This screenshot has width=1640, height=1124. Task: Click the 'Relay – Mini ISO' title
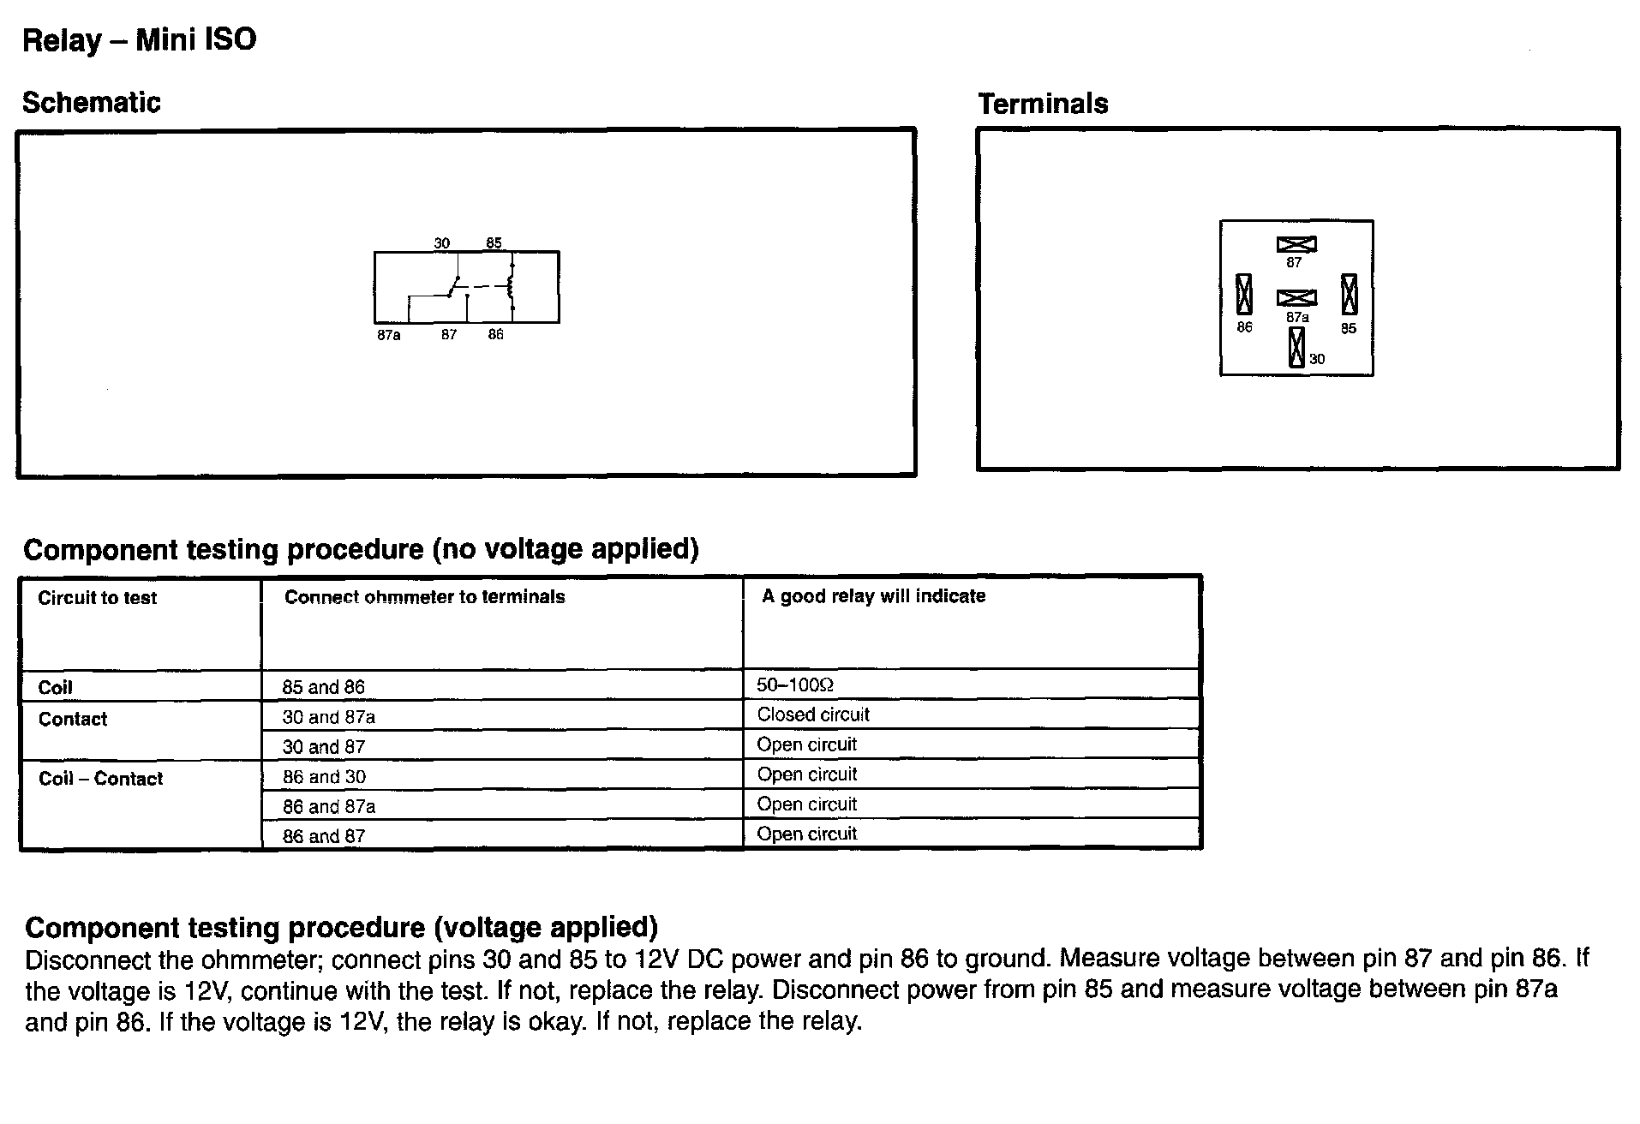[139, 40]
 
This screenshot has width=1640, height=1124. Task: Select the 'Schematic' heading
[92, 103]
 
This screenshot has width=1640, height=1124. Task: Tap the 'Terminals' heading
[1043, 105]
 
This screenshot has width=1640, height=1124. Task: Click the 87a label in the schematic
[388, 335]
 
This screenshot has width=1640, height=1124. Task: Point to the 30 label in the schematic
[441, 243]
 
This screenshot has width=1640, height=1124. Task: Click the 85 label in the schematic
[494, 243]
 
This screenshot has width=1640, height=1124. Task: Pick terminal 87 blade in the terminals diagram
[1296, 244]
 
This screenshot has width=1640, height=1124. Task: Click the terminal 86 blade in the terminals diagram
[1244, 295]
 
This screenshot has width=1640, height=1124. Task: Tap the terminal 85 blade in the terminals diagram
[1349, 295]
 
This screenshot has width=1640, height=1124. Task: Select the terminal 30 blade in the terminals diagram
[1296, 347]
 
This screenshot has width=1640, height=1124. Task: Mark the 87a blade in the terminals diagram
[1296, 297]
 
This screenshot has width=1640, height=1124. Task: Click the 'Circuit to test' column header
[98, 598]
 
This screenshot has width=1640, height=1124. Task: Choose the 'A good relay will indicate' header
[873, 596]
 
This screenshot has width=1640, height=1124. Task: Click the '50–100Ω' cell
[795, 685]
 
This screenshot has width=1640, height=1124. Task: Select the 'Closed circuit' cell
[813, 714]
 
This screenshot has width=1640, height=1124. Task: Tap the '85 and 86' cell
[323, 687]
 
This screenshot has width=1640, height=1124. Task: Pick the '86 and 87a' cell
[329, 806]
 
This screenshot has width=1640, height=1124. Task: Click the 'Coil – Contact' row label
[100, 779]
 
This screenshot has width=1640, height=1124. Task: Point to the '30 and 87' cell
[323, 747]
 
